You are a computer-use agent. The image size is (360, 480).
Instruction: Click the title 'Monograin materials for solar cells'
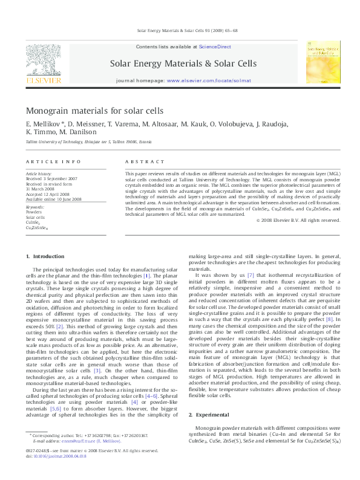[94, 111]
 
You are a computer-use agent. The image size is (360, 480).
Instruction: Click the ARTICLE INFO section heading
[53, 162]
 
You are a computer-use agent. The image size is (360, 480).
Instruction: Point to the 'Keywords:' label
[34, 207]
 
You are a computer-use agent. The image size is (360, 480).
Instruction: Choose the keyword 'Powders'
[34, 212]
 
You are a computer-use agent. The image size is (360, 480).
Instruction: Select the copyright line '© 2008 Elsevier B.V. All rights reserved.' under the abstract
[298, 220]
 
